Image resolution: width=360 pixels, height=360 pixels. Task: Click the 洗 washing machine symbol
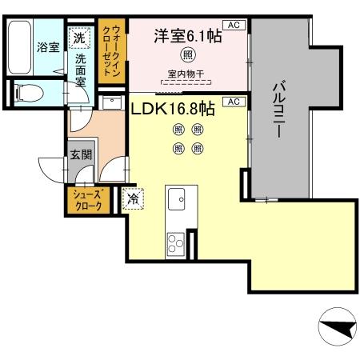[80, 36]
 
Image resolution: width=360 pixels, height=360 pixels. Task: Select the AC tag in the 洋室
[234, 26]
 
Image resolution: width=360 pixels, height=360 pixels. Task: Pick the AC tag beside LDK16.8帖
[234, 102]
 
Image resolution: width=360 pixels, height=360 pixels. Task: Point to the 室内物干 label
[185, 74]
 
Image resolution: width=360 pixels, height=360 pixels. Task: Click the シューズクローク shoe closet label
[87, 201]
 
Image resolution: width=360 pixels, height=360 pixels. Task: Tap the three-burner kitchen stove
[175, 241]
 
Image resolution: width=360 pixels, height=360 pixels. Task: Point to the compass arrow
[337, 327]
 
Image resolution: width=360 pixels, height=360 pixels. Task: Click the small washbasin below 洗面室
[108, 102]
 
